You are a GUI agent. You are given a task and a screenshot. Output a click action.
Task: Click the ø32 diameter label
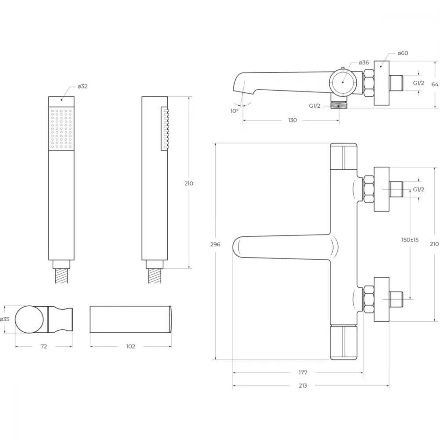(83, 86)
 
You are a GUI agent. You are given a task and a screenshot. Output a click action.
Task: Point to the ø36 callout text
(364, 62)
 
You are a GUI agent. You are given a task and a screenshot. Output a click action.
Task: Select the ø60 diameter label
(403, 53)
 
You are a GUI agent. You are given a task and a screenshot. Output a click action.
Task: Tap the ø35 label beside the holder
(5, 319)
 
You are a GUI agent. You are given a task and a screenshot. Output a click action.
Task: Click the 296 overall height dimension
(215, 244)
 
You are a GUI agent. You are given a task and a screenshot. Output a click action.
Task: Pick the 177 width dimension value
(303, 373)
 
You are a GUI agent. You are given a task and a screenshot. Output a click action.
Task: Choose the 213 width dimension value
(303, 385)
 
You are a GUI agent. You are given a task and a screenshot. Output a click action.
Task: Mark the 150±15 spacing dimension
(410, 240)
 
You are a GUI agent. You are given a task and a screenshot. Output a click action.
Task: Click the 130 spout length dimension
(292, 120)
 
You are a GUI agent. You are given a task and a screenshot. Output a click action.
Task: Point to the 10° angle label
(235, 111)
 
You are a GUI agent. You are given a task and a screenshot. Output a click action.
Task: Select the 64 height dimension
(435, 84)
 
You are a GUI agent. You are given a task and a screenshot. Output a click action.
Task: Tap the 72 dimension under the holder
(44, 347)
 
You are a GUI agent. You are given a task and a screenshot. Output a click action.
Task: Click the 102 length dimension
(131, 347)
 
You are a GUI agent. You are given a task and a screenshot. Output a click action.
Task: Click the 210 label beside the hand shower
(189, 183)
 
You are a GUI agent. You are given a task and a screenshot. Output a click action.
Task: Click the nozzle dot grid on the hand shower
(61, 128)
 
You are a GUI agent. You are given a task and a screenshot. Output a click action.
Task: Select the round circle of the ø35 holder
(29, 319)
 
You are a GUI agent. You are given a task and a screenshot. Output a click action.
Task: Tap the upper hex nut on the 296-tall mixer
(369, 189)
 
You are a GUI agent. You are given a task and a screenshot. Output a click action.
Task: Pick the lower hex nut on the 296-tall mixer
(369, 299)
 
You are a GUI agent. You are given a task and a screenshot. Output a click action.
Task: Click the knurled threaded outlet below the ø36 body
(339, 105)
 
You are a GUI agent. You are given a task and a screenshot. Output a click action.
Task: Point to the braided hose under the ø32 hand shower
(62, 275)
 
